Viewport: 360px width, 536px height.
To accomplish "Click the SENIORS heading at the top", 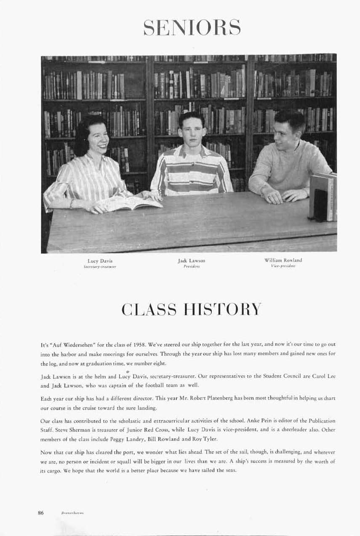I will pyautogui.click(x=192, y=27).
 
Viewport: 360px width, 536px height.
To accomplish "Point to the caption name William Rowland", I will pyautogui.click(x=283, y=260).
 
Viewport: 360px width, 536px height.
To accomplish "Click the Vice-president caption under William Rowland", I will pyautogui.click(x=283, y=266).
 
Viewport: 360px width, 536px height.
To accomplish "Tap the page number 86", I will pyautogui.click(x=41, y=512).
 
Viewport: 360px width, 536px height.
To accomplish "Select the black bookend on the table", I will pyautogui.click(x=320, y=205).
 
